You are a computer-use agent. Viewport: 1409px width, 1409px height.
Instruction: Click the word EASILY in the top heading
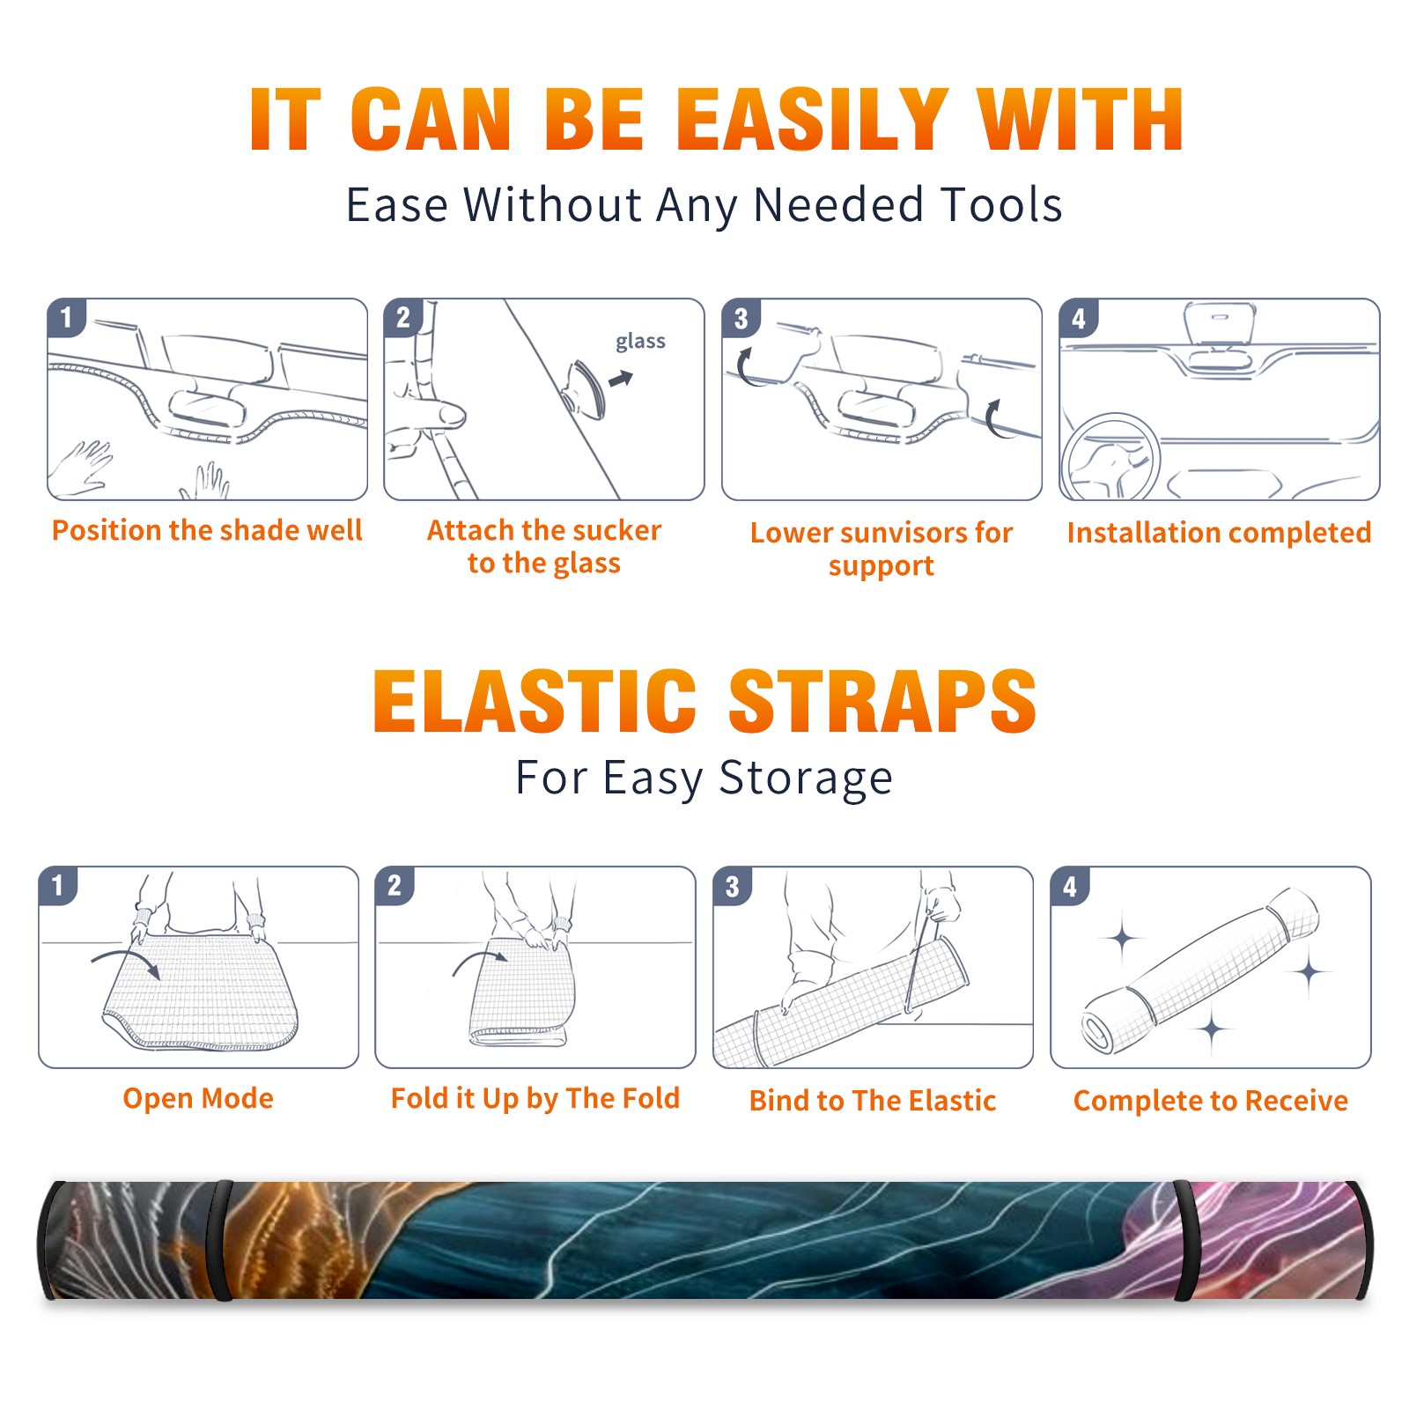point(812,120)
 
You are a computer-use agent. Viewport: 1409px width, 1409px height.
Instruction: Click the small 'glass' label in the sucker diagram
point(640,342)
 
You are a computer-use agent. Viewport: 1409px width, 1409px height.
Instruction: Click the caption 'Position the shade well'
point(207,530)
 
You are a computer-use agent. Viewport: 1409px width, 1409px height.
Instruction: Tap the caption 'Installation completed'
point(1219,533)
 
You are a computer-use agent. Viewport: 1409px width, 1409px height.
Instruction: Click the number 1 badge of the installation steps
point(67,317)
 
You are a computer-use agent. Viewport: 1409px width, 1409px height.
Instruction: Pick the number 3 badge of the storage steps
point(733,886)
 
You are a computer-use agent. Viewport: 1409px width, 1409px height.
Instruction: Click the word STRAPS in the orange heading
point(882,701)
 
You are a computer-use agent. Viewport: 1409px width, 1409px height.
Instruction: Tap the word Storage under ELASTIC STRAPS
point(806,778)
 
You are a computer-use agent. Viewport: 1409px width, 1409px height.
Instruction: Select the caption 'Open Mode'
point(198,1098)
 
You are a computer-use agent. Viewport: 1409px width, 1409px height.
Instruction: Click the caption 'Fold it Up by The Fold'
point(535,1099)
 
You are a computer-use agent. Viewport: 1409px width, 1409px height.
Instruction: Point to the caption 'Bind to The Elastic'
point(873,1101)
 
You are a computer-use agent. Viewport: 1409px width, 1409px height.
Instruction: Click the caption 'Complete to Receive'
point(1211,1101)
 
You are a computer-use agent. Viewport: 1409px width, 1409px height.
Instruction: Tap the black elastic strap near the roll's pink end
point(1184,1241)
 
